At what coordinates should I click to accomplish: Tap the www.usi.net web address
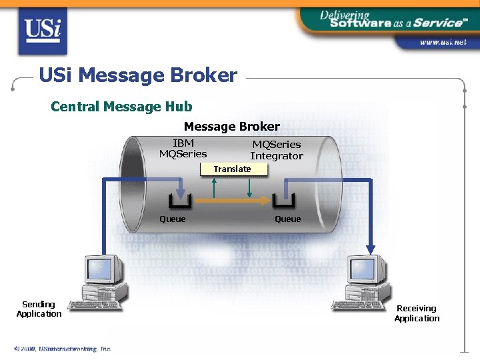click(x=442, y=42)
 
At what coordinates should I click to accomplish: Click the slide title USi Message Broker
click(x=138, y=75)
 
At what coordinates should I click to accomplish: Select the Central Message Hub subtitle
click(x=121, y=107)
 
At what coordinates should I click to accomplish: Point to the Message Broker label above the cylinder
click(x=231, y=127)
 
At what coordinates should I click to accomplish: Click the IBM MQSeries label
click(x=183, y=149)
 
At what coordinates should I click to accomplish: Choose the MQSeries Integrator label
click(x=276, y=150)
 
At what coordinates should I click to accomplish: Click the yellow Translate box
click(x=233, y=169)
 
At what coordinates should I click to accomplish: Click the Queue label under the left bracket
click(x=173, y=219)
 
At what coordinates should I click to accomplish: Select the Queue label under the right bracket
click(x=287, y=219)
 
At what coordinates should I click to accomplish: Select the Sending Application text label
click(x=39, y=309)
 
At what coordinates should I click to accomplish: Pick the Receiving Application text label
click(x=417, y=313)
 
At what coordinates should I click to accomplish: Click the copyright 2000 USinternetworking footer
click(x=63, y=349)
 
